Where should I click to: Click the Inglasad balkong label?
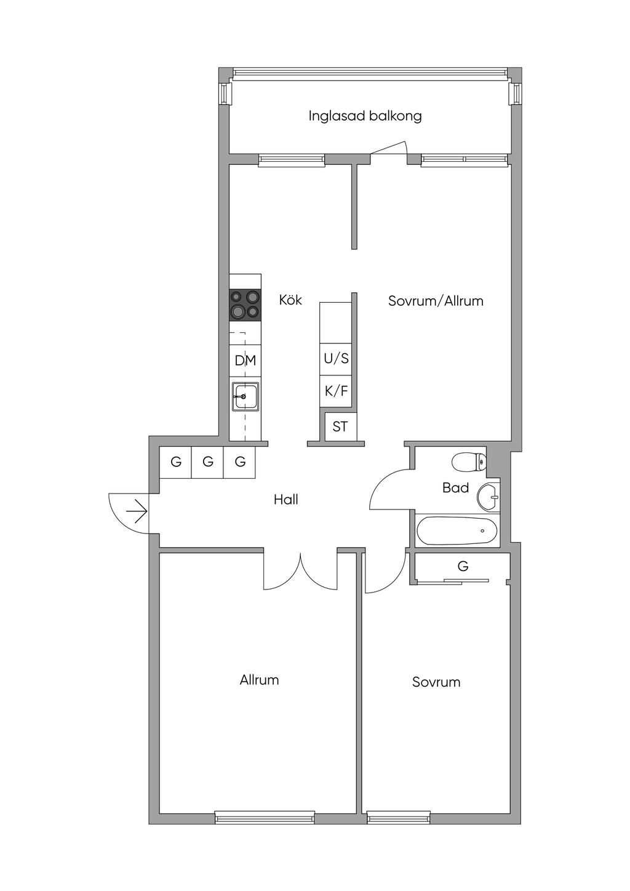pyautogui.click(x=365, y=116)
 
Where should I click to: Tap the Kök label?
pyautogui.click(x=290, y=300)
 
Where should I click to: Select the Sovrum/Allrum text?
pyautogui.click(x=436, y=301)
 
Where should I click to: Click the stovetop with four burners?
pyautogui.click(x=245, y=305)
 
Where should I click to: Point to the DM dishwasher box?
pyautogui.click(x=245, y=361)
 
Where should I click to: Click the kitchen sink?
pyautogui.click(x=245, y=396)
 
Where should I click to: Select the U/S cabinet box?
pyautogui.click(x=336, y=359)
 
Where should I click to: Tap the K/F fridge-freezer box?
pyautogui.click(x=336, y=391)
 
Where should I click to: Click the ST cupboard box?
pyautogui.click(x=340, y=427)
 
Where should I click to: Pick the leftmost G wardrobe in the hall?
pyautogui.click(x=175, y=462)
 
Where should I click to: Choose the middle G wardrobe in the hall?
pyautogui.click(x=207, y=462)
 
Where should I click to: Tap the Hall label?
pyautogui.click(x=286, y=500)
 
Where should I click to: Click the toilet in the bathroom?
pyautogui.click(x=469, y=462)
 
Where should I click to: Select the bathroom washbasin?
pyautogui.click(x=490, y=497)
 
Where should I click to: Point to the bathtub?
pyautogui.click(x=457, y=530)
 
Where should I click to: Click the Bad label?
pyautogui.click(x=455, y=488)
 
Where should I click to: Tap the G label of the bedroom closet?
pyautogui.click(x=463, y=566)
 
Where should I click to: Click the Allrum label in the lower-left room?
pyautogui.click(x=259, y=680)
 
